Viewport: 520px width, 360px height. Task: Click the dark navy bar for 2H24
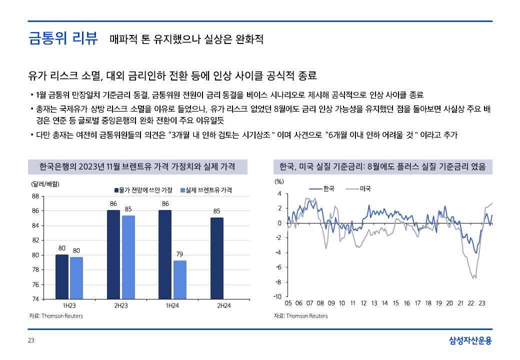[217, 258]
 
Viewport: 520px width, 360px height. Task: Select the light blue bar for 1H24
[180, 279]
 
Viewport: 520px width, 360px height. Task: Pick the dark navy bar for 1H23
[62, 276]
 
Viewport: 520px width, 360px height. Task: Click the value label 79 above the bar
[180, 254]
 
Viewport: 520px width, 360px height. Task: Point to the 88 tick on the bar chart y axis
[35, 196]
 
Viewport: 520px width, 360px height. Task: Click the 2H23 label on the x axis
[120, 305]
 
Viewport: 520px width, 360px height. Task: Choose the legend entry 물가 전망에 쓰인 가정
[145, 190]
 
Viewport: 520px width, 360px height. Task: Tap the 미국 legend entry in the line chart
[364, 188]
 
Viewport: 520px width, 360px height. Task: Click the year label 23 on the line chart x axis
[481, 303]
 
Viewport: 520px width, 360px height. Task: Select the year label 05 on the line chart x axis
[288, 303]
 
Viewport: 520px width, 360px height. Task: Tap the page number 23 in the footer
[31, 341]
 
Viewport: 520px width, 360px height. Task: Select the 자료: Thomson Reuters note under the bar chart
[55, 316]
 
